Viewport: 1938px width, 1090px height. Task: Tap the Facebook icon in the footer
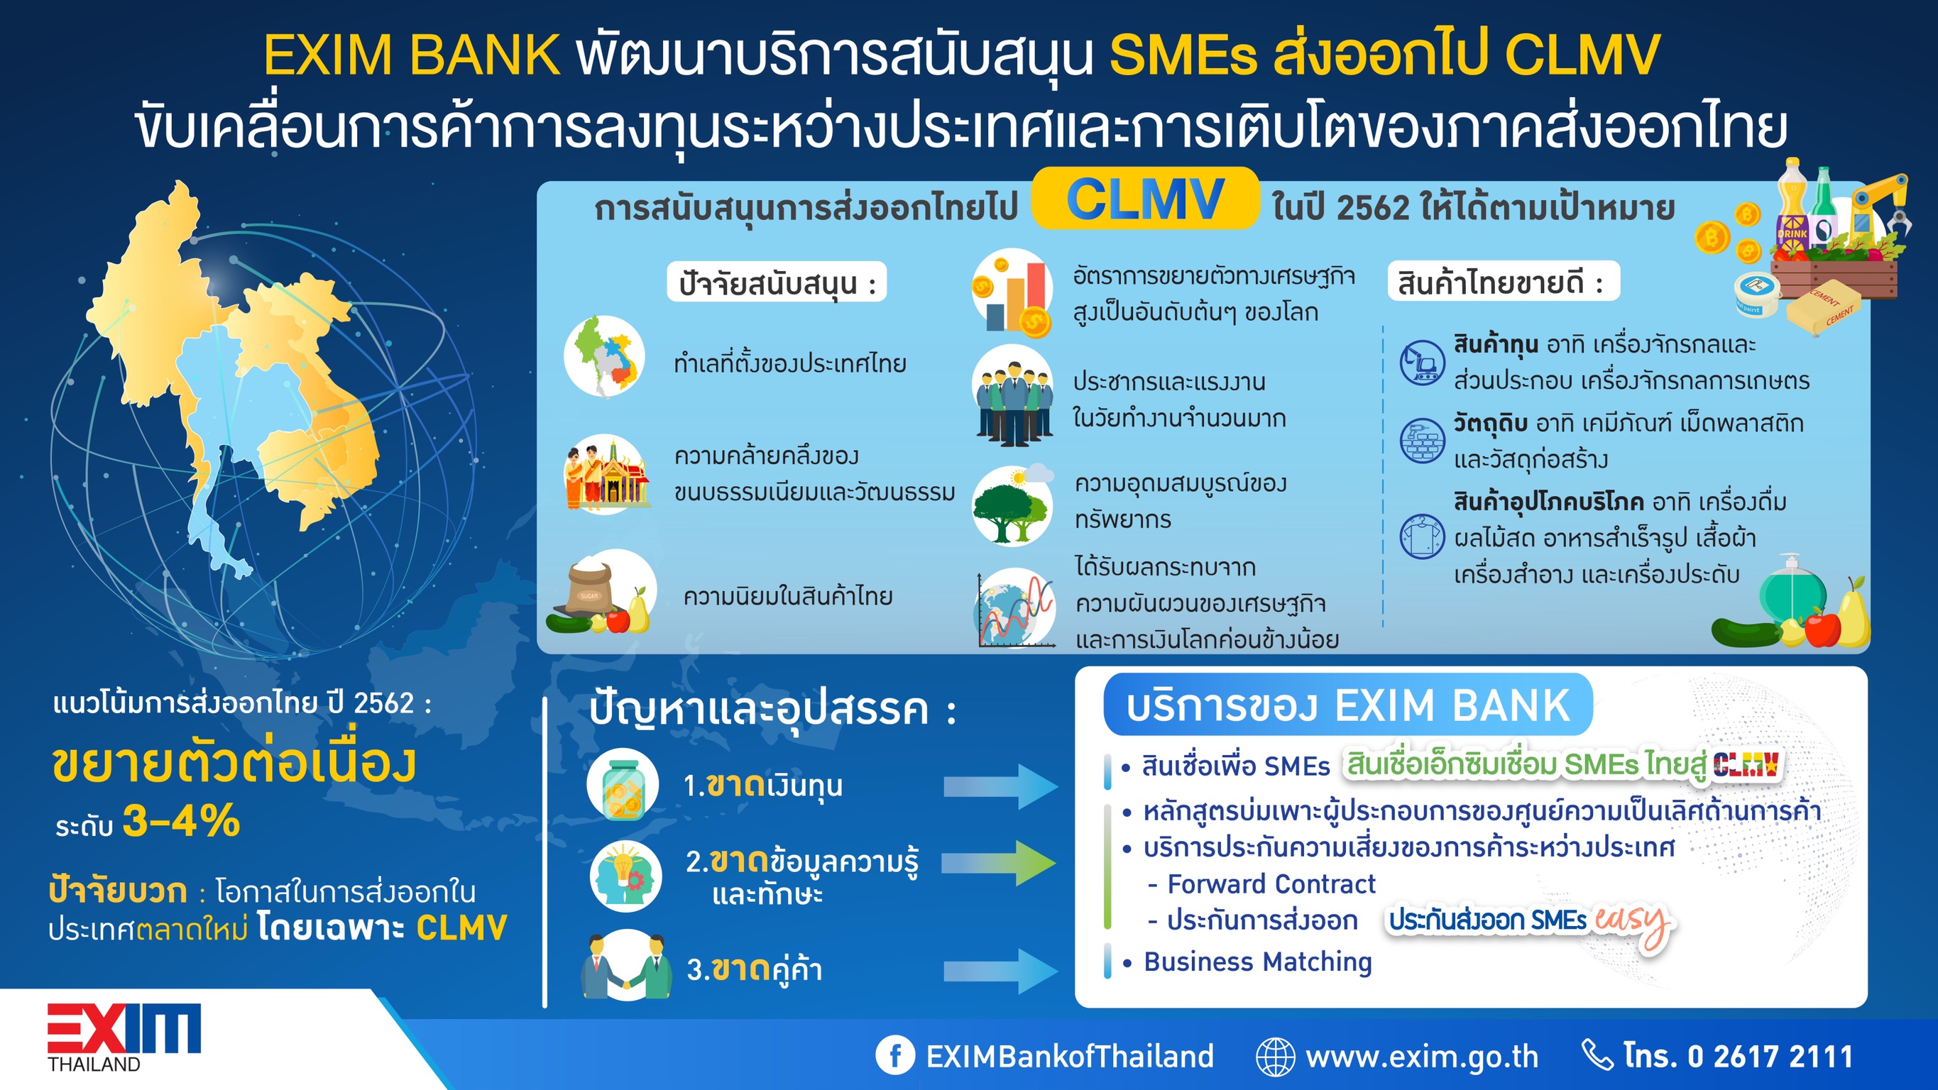(894, 1055)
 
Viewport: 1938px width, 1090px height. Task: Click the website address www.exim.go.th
(1422, 1056)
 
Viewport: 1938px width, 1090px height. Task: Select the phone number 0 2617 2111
(1770, 1056)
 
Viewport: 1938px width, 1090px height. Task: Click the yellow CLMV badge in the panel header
(1144, 199)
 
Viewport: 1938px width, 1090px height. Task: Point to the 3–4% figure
(181, 821)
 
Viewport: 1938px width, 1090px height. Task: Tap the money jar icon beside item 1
(623, 785)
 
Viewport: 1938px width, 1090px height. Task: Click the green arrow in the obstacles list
(999, 863)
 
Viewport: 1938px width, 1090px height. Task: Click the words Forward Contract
(1271, 884)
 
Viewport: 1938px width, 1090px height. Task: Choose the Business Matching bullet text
(1258, 962)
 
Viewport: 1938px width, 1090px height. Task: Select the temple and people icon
(606, 474)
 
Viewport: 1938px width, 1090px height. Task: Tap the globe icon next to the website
(1276, 1056)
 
